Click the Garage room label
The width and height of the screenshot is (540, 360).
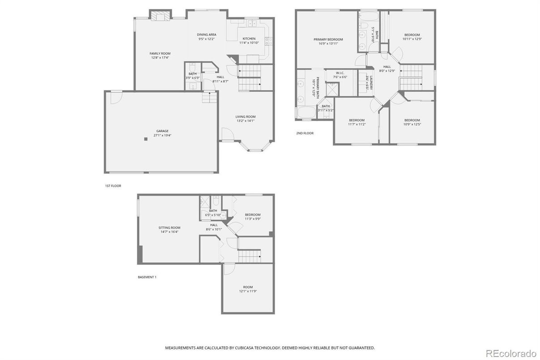162,131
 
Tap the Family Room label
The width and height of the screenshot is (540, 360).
160,53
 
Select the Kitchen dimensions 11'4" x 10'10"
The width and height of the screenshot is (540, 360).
249,43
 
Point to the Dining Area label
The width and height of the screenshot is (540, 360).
207,34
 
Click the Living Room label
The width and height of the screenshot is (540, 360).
245,117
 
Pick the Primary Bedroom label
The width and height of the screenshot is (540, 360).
328,39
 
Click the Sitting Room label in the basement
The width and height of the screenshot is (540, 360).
169,227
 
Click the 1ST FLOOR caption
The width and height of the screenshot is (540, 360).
113,185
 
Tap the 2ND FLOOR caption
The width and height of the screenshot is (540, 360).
305,133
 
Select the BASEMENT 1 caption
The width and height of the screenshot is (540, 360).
147,277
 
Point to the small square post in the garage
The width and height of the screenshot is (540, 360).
146,139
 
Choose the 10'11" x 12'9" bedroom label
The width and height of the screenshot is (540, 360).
412,35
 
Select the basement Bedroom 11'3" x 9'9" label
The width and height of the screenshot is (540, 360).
252,215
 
